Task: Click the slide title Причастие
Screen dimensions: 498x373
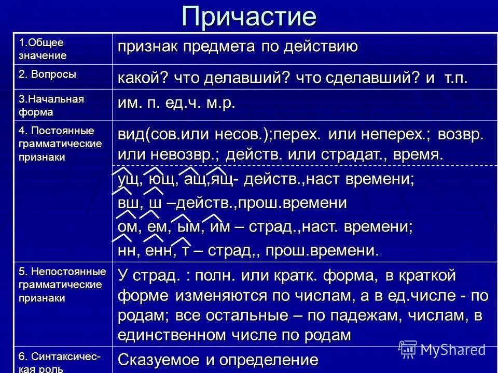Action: (249, 17)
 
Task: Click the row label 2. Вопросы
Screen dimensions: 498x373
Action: (47, 74)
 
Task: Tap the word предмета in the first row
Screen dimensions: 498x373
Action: (219, 47)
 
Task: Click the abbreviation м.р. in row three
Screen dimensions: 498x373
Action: (221, 104)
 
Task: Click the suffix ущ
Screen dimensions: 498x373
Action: (128, 180)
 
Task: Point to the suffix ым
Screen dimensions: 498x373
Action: (189, 227)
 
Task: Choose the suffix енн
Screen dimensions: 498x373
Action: (159, 251)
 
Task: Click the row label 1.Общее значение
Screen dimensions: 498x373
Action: (42, 49)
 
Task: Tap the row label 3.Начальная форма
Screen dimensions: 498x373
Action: (51, 105)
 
